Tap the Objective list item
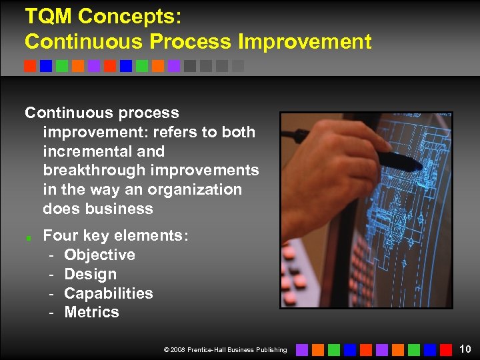pos(99,255)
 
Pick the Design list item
pos(90,274)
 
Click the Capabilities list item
pos(109,293)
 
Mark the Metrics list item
pos(91,312)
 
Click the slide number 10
pos(465,349)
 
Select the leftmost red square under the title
pos(30,66)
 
